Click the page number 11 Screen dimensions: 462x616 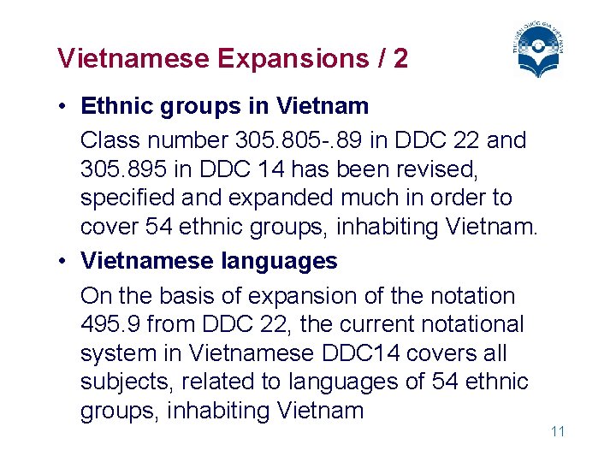pyautogui.click(x=558, y=431)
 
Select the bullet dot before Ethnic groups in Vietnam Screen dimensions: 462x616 pyautogui.click(x=64, y=107)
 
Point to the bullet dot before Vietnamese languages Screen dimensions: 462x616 pyautogui.click(x=64, y=262)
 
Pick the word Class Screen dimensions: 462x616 pyautogui.click(x=108, y=139)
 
